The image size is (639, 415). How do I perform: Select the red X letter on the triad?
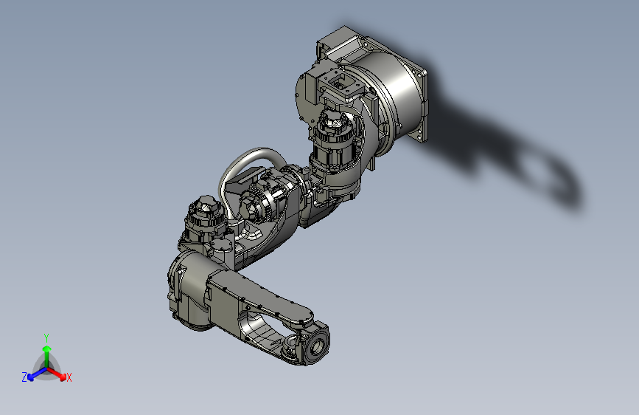point(69,378)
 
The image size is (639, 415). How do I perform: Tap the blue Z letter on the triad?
point(24,377)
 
